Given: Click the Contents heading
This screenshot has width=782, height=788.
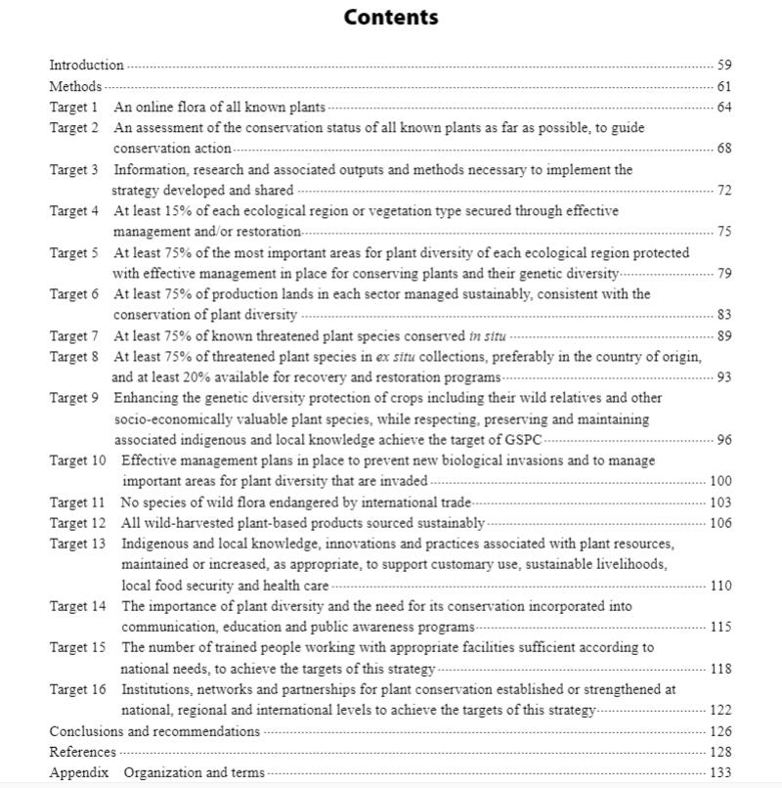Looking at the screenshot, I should point(391,18).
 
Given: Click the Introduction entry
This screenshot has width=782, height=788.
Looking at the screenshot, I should point(87,66).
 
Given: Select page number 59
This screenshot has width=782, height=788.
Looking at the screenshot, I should point(723,66).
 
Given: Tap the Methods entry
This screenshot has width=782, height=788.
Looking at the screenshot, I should point(75,86).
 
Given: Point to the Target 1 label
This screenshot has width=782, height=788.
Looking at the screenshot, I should point(74,107).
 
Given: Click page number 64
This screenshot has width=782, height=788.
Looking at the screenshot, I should point(723,107).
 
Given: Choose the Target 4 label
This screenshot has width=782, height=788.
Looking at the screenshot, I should point(74,210).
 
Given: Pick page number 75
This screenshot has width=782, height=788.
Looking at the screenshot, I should point(723,232).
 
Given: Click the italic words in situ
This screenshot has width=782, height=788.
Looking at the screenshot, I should point(488,335).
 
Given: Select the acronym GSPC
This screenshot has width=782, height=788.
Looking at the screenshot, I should point(525,440).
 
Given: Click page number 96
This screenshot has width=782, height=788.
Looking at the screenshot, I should point(723,440).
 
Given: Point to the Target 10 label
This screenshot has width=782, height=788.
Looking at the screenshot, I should point(78,460).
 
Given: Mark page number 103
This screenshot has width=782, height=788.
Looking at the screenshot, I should point(720,503).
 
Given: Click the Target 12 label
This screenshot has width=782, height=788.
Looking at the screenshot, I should point(78,523).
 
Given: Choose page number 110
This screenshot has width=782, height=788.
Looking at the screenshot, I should point(720,586).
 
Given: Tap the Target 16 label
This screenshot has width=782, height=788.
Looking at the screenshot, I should point(78,689).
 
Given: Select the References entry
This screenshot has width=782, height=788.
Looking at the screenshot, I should point(83,752).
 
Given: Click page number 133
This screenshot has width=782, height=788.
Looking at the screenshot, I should point(720,772).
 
